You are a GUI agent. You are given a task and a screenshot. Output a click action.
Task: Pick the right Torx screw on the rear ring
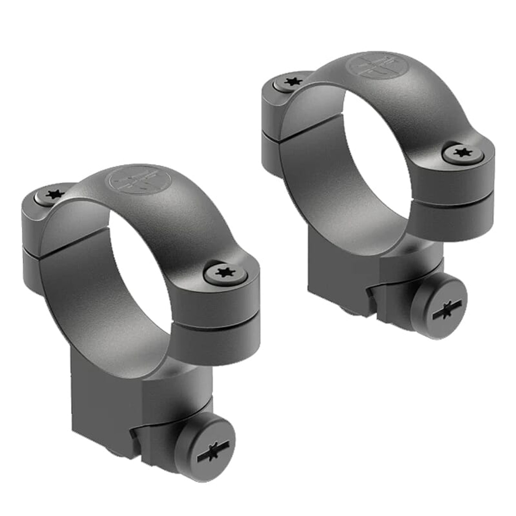click(462, 153)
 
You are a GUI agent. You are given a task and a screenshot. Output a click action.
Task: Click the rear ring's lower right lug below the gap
click(451, 218)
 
